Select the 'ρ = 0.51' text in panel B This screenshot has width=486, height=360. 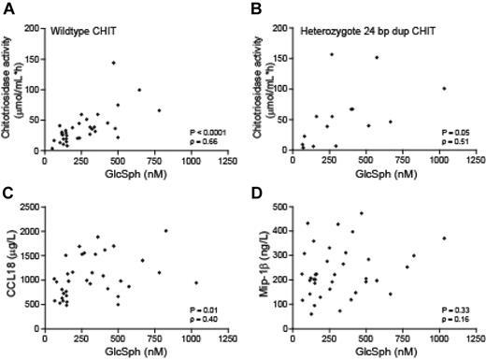click(456, 141)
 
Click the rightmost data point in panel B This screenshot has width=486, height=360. click(444, 89)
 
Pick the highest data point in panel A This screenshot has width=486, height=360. click(113, 63)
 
